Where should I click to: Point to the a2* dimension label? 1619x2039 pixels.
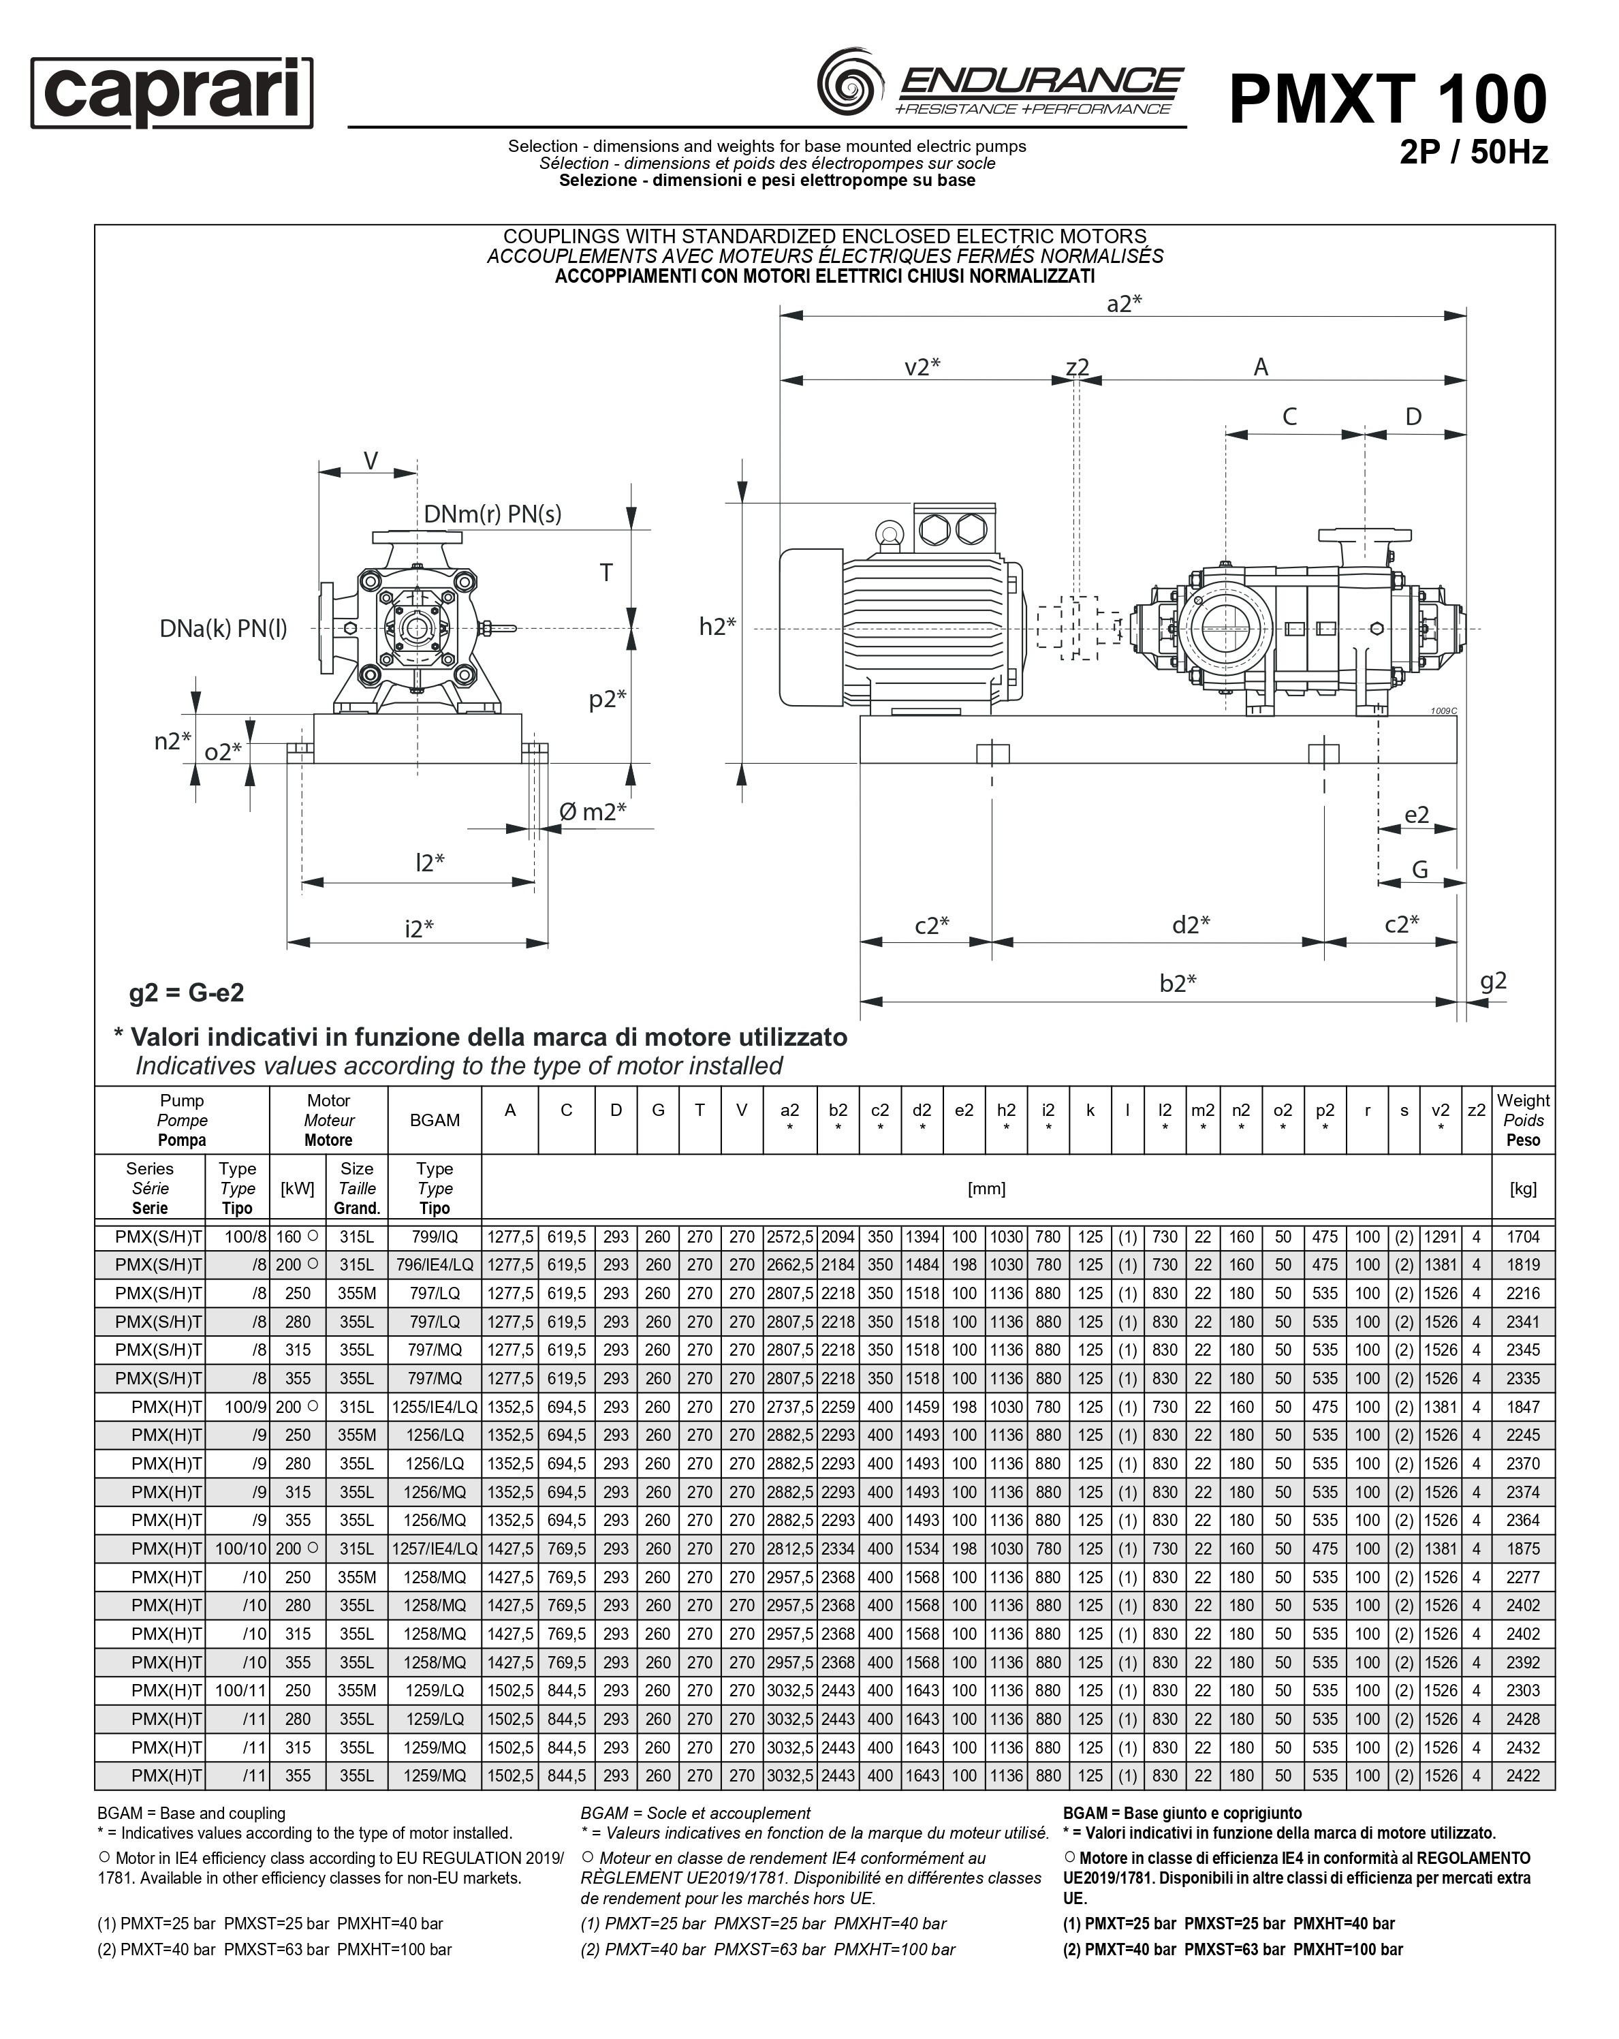point(1123,304)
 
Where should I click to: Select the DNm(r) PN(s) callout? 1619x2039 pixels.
point(492,514)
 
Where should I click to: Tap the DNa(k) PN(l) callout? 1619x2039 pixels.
point(223,628)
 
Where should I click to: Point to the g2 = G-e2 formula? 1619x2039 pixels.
point(187,992)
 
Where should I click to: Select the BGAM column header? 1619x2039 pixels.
point(434,1120)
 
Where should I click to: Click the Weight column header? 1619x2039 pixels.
point(1522,1120)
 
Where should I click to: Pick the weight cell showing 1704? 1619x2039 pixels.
point(1522,1236)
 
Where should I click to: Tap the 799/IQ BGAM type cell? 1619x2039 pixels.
point(434,1236)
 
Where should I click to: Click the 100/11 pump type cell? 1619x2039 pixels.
point(236,1690)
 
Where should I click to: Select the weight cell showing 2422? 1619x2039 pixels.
point(1522,1775)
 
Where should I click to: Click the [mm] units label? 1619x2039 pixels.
point(986,1189)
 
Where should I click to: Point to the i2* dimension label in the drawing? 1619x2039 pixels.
point(418,929)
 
